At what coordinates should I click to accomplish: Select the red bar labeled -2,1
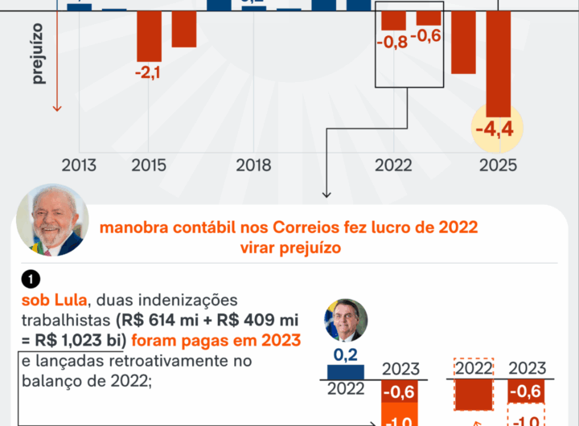click(x=148, y=36)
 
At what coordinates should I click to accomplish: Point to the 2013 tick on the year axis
click(x=79, y=166)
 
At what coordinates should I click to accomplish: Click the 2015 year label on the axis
click(x=149, y=166)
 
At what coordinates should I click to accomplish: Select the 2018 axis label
click(x=253, y=166)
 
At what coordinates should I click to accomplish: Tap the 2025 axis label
click(x=499, y=166)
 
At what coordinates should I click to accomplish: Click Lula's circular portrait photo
click(x=52, y=220)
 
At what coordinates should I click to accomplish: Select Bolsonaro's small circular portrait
click(x=346, y=320)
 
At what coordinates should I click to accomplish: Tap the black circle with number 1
click(x=31, y=280)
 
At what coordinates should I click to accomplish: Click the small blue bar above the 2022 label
click(x=345, y=371)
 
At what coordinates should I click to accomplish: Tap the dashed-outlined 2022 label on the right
click(x=474, y=369)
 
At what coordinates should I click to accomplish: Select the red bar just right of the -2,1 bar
click(x=184, y=29)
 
